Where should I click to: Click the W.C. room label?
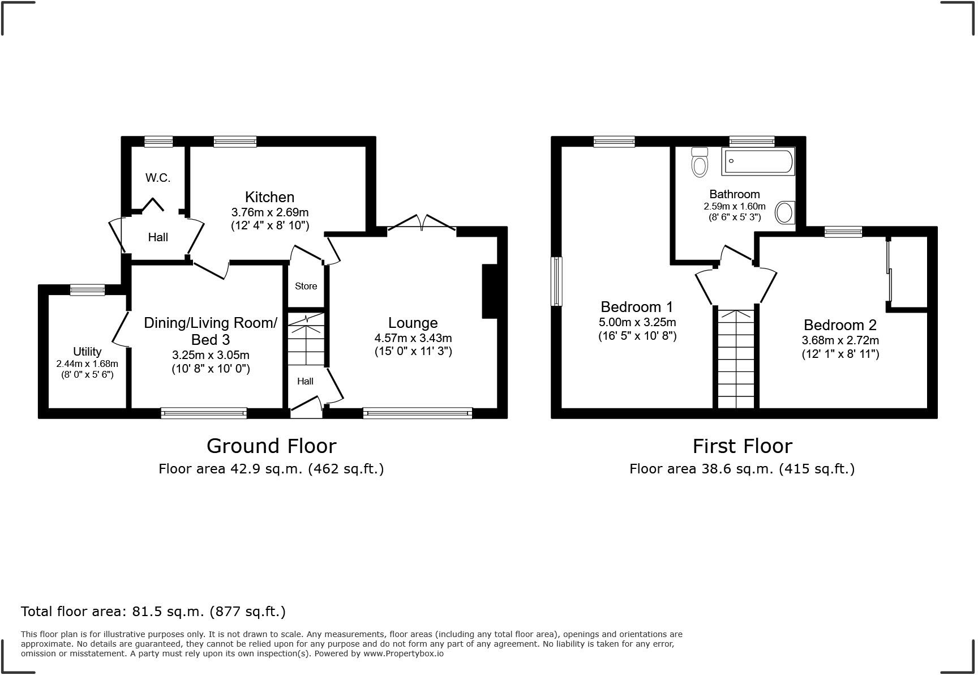157,178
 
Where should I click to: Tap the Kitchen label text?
269,197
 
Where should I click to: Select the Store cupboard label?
306,286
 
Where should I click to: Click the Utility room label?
87,351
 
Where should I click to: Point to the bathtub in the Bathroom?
758,161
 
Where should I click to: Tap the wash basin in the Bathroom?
784,213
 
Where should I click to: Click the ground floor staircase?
306,340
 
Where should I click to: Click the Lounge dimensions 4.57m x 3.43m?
413,338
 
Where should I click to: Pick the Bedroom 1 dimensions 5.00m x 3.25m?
637,322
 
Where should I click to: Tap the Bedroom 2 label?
839,325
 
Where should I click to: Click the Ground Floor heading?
271,446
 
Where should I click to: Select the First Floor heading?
742,446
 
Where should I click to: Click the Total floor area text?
153,612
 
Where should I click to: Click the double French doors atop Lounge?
422,224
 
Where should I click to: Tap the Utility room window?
88,290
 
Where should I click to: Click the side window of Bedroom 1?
557,281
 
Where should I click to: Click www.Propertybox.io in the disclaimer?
403,653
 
